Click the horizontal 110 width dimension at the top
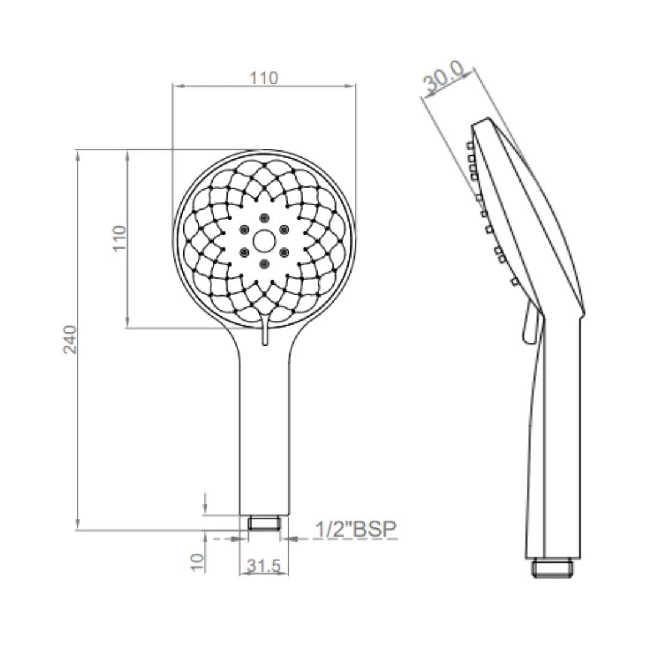[264, 78]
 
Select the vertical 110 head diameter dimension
[120, 238]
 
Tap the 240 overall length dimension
[71, 339]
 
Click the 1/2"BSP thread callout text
[356, 529]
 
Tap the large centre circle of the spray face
[264, 241]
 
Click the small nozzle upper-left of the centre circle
[244, 229]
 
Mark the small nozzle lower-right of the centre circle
[284, 252]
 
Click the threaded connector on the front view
[264, 524]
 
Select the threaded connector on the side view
[552, 567]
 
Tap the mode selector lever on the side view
[528, 323]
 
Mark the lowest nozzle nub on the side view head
[514, 280]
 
